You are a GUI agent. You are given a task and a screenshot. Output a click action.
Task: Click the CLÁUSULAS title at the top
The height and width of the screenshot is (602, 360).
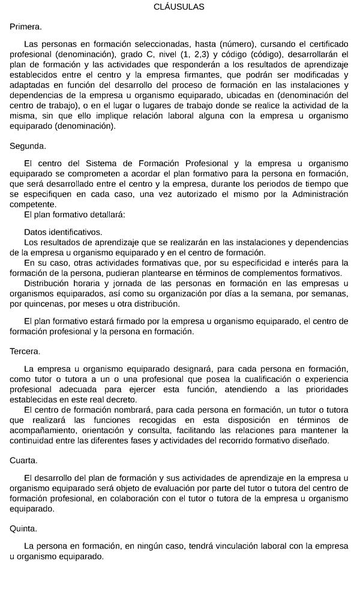(x=179, y=7)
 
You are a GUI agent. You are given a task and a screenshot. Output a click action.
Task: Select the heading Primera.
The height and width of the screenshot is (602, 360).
(x=26, y=27)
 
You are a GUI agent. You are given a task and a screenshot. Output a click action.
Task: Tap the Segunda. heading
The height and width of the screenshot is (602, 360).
(x=28, y=146)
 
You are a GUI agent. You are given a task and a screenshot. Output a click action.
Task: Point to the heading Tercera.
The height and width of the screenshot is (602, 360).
(x=25, y=351)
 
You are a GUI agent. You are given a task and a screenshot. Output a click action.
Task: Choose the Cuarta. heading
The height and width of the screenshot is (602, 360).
(x=24, y=460)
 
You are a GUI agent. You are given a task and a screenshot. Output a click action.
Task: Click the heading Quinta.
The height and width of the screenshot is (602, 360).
(x=23, y=529)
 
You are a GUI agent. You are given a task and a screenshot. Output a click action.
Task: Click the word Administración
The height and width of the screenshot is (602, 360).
(x=306, y=194)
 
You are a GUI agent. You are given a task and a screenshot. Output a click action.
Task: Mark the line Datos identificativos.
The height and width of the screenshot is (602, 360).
(x=63, y=232)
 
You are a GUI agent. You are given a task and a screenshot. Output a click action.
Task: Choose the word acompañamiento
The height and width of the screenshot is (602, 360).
(x=46, y=431)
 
